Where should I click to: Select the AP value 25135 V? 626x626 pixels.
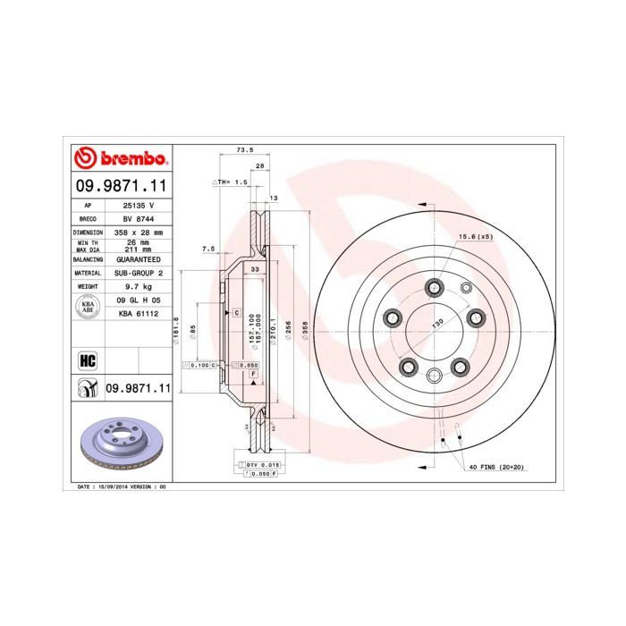138,204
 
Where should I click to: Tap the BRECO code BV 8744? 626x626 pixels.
138,218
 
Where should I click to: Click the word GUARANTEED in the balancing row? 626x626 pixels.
138,258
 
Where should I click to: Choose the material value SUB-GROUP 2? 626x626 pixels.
138,273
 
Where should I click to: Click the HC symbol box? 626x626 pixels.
88,360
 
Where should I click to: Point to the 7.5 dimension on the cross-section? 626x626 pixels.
208,250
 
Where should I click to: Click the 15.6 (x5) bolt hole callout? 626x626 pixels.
476,237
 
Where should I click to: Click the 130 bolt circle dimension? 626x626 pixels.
438,322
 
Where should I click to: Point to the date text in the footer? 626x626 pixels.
117,486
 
